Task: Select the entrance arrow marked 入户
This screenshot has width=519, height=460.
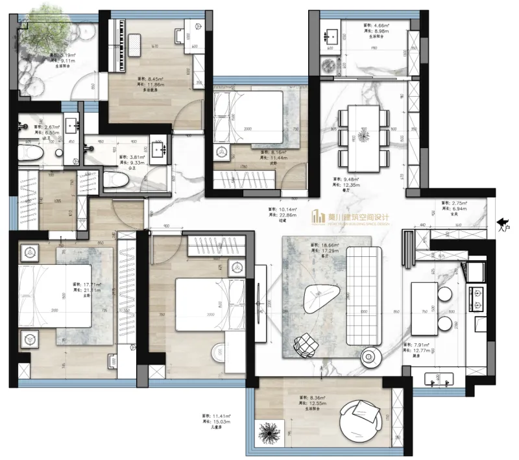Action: pos(501,224)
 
